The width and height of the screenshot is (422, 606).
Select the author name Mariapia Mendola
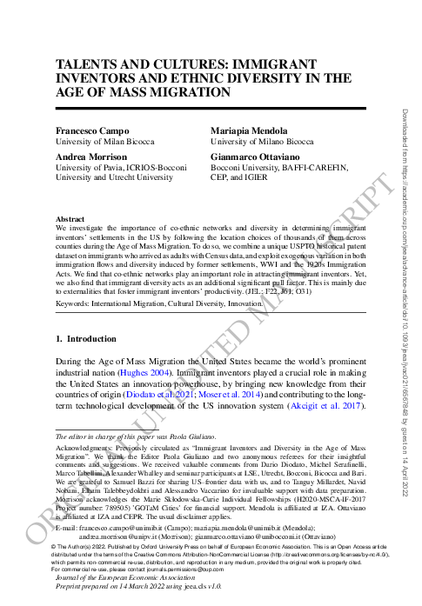[250, 129]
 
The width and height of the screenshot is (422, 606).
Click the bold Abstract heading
[70, 219]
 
